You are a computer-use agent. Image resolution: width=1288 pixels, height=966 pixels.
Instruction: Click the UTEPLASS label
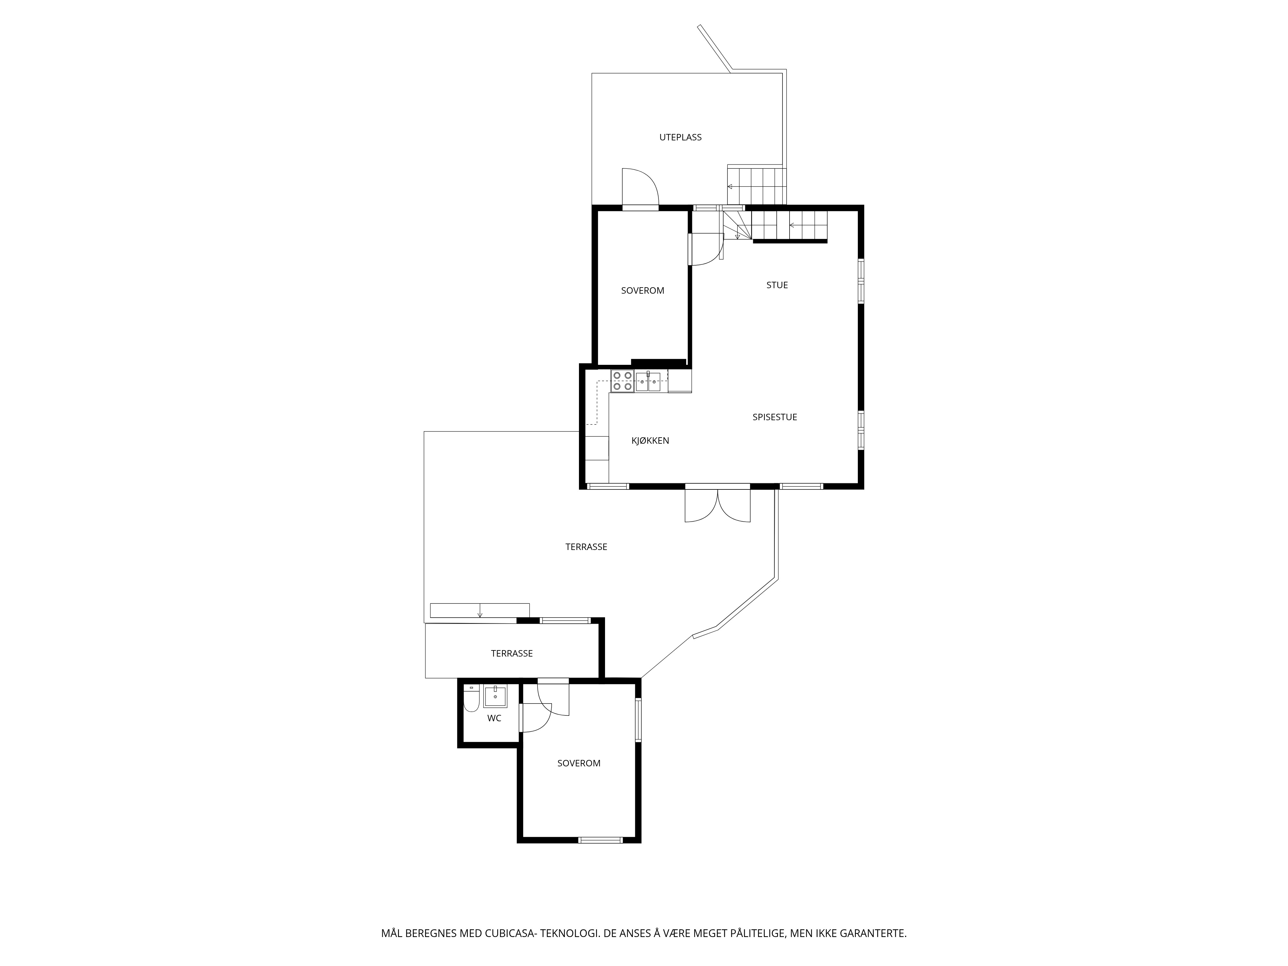(680, 137)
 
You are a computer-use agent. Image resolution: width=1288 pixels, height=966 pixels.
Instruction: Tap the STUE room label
(777, 285)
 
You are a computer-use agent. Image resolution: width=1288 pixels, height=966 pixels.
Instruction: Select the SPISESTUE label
(774, 417)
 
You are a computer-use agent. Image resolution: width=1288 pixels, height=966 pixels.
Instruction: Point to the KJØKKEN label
(650, 441)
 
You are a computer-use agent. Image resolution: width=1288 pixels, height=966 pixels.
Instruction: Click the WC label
(494, 718)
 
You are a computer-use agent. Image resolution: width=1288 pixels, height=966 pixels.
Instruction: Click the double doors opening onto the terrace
(717, 504)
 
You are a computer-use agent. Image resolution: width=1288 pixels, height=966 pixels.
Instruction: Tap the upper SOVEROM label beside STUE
(642, 290)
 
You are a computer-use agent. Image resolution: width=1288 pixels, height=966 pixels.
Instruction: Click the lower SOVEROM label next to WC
(578, 763)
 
